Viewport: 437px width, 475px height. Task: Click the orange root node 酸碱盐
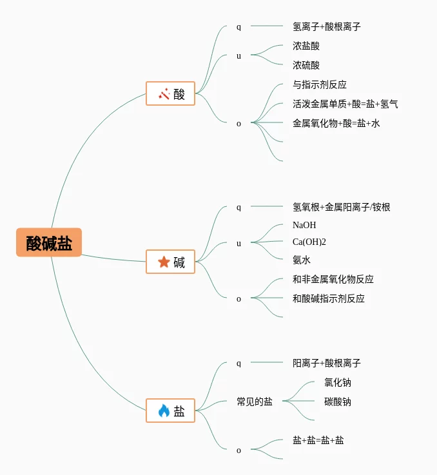[49, 242]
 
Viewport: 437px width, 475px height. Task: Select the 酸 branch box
[170, 93]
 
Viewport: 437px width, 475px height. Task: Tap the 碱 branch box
[170, 262]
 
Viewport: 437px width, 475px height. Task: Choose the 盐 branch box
[170, 411]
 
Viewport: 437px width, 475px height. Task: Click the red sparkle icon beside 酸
[164, 94]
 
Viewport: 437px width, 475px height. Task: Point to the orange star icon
[164, 262]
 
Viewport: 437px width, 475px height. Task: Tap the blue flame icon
[164, 411]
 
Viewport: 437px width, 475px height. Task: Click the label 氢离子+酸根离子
[326, 26]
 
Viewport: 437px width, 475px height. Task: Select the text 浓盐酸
[306, 46]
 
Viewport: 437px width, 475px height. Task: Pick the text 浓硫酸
[306, 65]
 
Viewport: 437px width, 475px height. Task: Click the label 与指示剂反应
[320, 84]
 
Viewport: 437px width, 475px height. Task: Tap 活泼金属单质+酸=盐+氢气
[345, 104]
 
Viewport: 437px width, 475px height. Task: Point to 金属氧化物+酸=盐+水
[336, 123]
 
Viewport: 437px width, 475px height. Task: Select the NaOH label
[304, 225]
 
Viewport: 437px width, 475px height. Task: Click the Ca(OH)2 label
[309, 242]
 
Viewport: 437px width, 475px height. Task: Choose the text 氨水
[302, 260]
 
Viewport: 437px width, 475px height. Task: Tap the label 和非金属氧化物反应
[333, 279]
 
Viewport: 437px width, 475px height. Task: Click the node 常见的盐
[255, 402]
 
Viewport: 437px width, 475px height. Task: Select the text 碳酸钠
[338, 402]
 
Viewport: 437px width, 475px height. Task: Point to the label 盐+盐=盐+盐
[318, 440]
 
